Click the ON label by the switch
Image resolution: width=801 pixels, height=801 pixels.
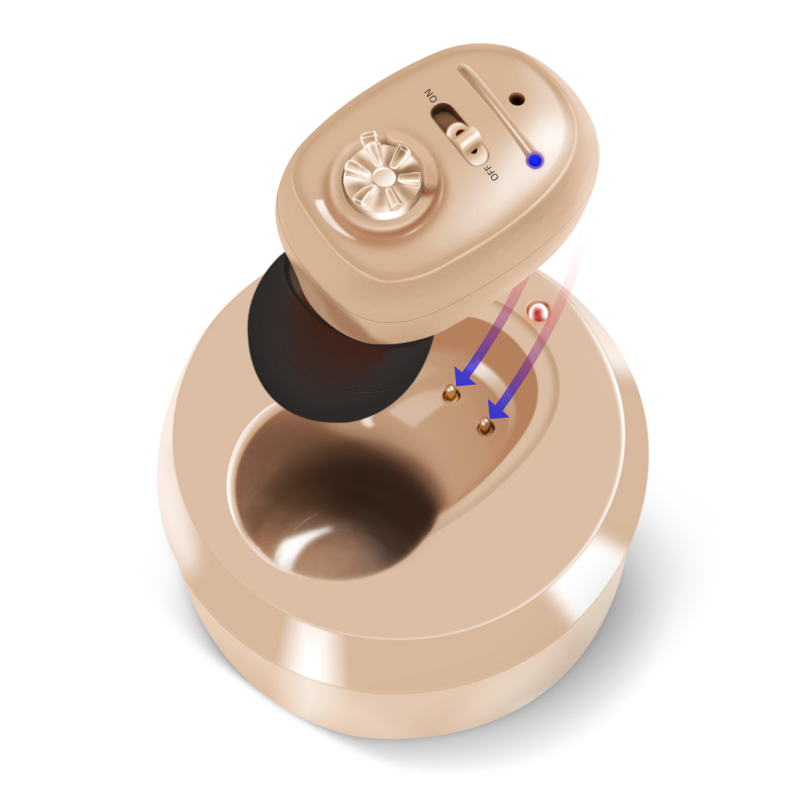pos(431,95)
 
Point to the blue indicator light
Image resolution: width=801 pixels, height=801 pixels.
pos(535,160)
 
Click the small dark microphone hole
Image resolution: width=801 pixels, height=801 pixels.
pos(518,98)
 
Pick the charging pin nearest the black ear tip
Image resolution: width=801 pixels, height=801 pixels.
pos(450,393)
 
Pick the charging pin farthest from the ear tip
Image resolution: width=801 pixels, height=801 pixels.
pos(485,426)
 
